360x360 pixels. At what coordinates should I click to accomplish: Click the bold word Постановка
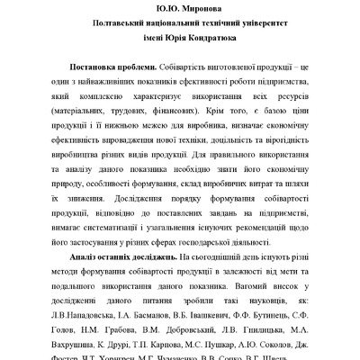click(106, 67)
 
